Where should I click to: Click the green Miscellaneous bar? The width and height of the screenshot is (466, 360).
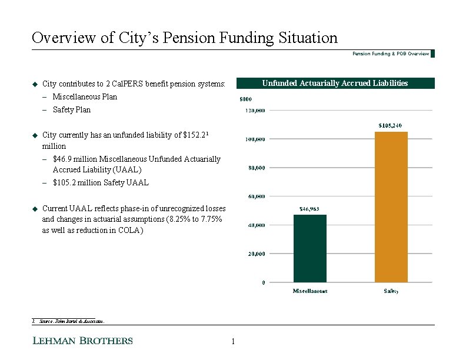point(309,248)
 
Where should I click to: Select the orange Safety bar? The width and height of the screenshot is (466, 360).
point(391,207)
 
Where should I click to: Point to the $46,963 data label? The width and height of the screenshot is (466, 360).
point(309,208)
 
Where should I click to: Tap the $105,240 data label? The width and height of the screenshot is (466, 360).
point(391,125)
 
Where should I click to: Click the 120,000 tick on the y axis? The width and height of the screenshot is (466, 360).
point(255,110)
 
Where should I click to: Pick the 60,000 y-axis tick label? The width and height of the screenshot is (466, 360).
point(255,196)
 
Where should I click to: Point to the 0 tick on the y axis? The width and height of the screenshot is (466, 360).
point(263,282)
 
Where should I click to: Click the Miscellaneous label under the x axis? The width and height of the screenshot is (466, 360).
point(310,291)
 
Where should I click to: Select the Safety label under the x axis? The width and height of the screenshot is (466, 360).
point(391,291)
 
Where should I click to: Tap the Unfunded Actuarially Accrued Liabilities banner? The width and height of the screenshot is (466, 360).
point(335,84)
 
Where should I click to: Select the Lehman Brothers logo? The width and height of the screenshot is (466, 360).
point(82,341)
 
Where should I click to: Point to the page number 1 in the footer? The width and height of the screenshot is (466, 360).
point(234,342)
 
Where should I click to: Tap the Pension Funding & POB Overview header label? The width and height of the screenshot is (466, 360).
point(391,54)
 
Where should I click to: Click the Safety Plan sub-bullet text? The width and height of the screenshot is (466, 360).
point(71,109)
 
